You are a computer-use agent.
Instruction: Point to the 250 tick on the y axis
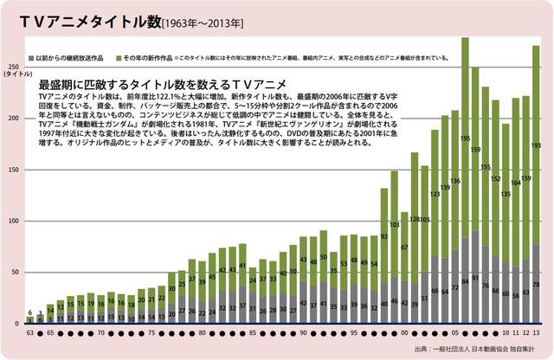13,67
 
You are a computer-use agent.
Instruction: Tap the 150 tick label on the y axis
13,170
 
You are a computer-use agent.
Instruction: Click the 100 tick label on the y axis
13,221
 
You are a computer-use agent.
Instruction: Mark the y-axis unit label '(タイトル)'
16,76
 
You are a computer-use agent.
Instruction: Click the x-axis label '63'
30,331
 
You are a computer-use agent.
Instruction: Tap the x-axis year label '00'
403,331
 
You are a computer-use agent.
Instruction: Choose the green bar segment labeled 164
516,183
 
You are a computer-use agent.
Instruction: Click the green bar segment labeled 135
506,194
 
